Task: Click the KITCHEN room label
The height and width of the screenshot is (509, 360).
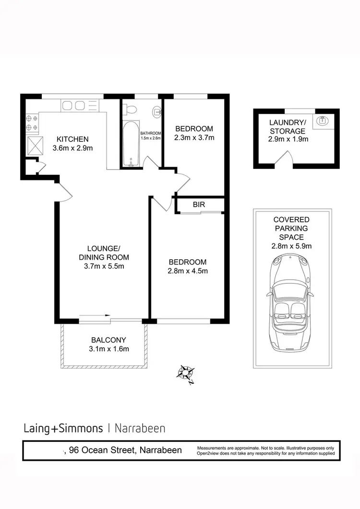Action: point(72,139)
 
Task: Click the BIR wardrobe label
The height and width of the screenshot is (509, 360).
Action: point(199,205)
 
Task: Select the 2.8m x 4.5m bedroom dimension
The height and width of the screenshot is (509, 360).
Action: point(188,271)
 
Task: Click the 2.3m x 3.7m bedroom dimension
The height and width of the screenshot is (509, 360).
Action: point(194,138)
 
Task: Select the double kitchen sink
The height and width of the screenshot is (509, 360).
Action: point(74,105)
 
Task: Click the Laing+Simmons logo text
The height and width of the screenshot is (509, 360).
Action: point(63,428)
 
